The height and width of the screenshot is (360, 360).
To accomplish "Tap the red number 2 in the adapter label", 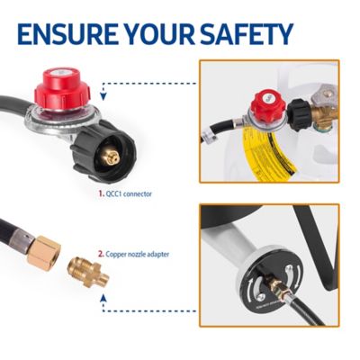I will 101,254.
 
